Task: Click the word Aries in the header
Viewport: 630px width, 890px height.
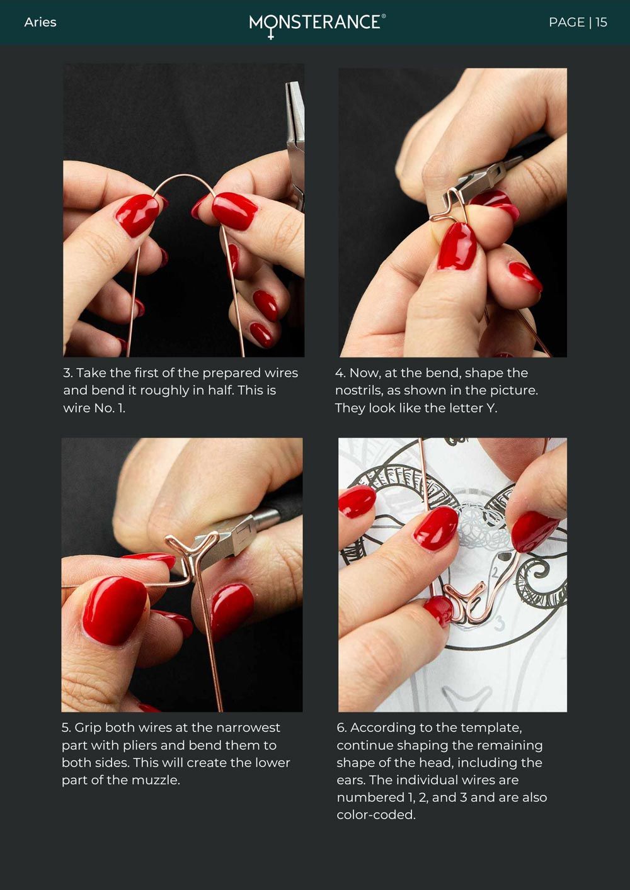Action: [x=40, y=22]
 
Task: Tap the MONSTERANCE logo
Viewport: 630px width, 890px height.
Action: [x=317, y=25]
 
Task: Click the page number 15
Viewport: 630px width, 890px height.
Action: [x=602, y=22]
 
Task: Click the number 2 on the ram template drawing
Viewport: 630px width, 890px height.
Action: [x=495, y=572]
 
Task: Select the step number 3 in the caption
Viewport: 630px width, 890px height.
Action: [x=67, y=373]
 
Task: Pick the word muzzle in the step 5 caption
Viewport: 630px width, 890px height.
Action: [x=156, y=780]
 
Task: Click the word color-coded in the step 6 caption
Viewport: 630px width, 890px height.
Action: [x=376, y=815]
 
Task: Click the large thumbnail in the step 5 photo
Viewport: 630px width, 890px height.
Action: [x=115, y=610]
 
